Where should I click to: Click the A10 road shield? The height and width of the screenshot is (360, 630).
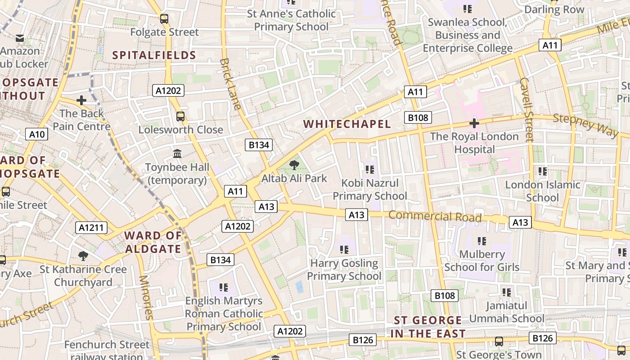pyautogui.click(x=37, y=134)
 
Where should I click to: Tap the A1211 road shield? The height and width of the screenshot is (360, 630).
pyautogui.click(x=91, y=228)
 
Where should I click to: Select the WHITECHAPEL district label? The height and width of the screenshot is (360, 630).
pyautogui.click(x=347, y=124)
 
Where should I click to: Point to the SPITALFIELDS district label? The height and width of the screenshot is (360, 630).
pyautogui.click(x=154, y=55)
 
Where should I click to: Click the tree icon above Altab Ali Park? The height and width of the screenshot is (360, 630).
pyautogui.click(x=294, y=165)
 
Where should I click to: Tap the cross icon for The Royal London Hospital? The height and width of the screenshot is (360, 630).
pyautogui.click(x=474, y=123)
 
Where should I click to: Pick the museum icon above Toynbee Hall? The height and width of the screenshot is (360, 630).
pyautogui.click(x=177, y=154)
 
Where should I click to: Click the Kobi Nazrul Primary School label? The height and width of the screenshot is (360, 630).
pyautogui.click(x=370, y=189)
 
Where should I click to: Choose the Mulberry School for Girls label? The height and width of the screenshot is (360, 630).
pyautogui.click(x=482, y=261)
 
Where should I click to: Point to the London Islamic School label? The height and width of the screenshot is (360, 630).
pyautogui.click(x=543, y=191)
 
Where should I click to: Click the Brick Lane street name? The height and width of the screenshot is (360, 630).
pyautogui.click(x=230, y=84)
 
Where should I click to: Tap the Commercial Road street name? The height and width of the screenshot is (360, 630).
pyautogui.click(x=435, y=216)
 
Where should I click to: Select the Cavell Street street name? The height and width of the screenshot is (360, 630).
pyautogui.click(x=526, y=109)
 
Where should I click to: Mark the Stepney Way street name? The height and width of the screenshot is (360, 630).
pyautogui.click(x=585, y=125)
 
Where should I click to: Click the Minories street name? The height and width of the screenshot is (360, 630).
pyautogui.click(x=146, y=297)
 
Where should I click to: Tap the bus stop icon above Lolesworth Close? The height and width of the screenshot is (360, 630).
pyautogui.click(x=180, y=117)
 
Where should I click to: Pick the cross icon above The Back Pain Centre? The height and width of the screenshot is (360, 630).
pyautogui.click(x=81, y=100)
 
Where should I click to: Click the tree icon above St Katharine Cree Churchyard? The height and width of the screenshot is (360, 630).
pyautogui.click(x=83, y=256)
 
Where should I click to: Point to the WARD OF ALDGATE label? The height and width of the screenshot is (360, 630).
pyautogui.click(x=153, y=242)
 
